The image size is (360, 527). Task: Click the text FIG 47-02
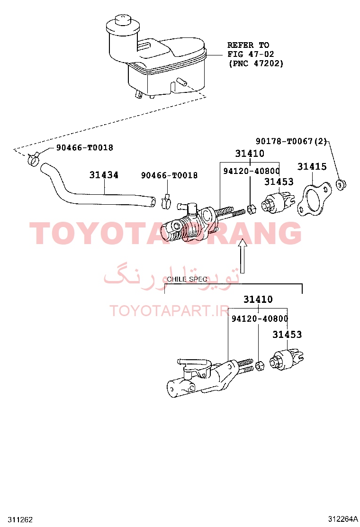click(251, 54)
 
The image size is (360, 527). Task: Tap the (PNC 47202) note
click(256, 63)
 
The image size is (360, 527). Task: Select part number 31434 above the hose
click(104, 175)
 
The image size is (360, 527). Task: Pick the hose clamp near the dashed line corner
click(34, 159)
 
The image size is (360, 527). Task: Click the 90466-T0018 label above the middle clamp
click(169, 175)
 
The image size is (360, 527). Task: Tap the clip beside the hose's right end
click(166, 200)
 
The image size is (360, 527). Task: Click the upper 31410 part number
click(250, 154)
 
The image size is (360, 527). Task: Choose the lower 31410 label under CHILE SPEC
click(258, 299)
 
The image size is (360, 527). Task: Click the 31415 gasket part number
click(312, 166)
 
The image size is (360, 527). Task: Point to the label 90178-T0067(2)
click(291, 141)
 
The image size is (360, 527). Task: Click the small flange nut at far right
click(341, 185)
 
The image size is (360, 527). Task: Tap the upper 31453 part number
click(279, 182)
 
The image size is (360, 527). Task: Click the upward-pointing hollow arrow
click(243, 256)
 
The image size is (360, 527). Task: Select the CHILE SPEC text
click(187, 279)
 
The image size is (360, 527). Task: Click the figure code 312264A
click(343, 519)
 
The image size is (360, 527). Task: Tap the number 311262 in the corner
click(20, 519)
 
